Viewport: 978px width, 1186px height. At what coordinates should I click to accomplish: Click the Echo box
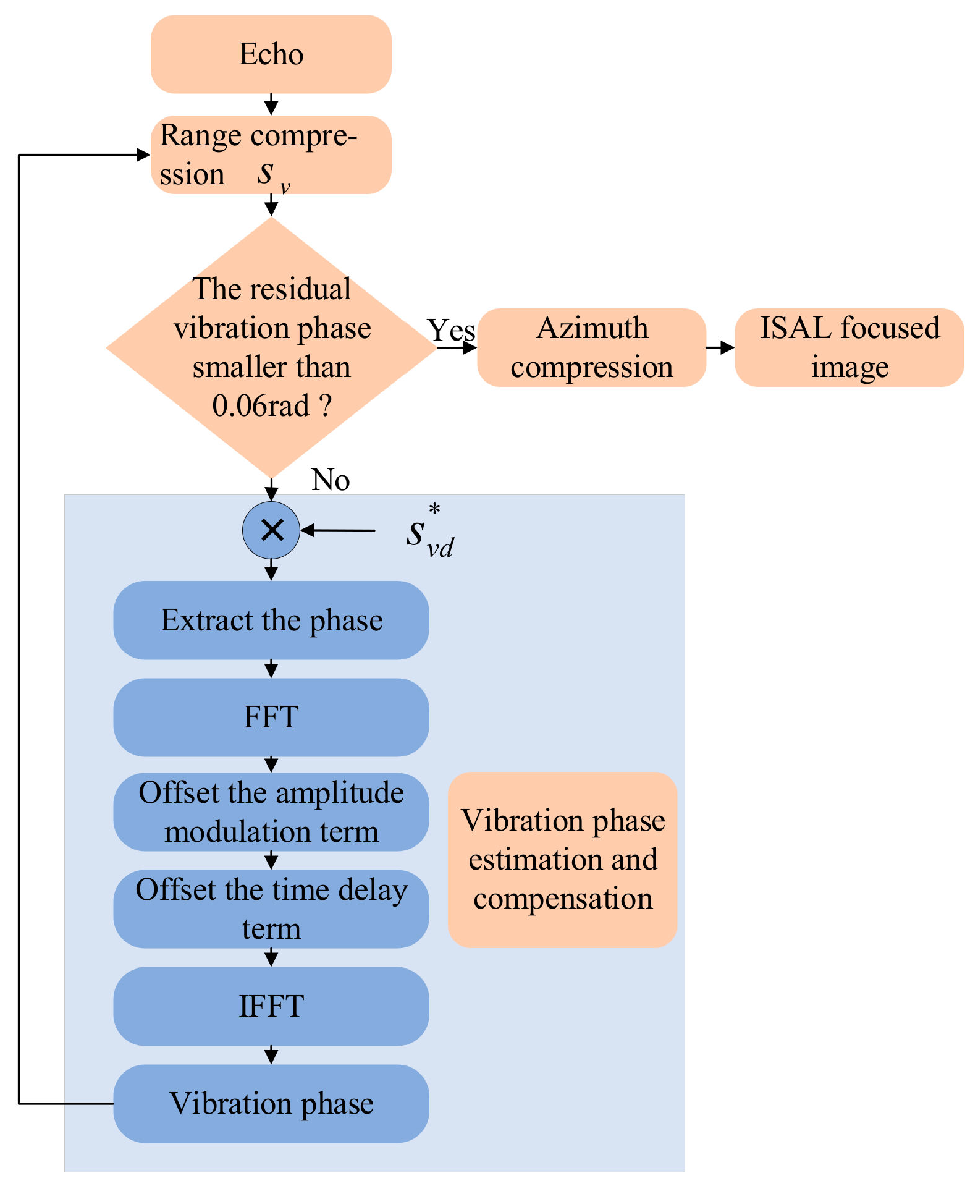271,54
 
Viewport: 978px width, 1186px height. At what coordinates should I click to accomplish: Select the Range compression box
271,155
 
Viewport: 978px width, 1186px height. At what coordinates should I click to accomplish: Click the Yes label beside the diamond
451,330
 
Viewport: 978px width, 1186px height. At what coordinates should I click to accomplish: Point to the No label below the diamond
331,480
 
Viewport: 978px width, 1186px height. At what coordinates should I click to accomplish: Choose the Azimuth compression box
591,347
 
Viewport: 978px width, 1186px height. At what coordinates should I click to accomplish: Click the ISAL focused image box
849,347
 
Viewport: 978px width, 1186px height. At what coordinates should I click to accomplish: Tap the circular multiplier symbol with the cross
271,530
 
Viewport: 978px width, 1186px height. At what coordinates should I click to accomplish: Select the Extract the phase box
271,620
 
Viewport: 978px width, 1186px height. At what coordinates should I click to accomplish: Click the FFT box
271,717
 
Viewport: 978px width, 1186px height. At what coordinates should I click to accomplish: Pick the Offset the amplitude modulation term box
271,811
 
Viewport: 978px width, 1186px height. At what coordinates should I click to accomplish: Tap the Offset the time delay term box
271,909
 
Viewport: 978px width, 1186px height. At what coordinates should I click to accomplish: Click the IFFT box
271,1006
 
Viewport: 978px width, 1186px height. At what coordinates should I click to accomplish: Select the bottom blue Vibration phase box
271,1103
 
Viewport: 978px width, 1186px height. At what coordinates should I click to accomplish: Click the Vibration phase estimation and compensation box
562,859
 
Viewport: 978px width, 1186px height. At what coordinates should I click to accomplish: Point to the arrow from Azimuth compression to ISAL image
720,347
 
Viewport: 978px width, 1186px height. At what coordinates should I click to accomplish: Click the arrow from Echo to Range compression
271,104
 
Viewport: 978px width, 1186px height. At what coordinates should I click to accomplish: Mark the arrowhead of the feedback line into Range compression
143,155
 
